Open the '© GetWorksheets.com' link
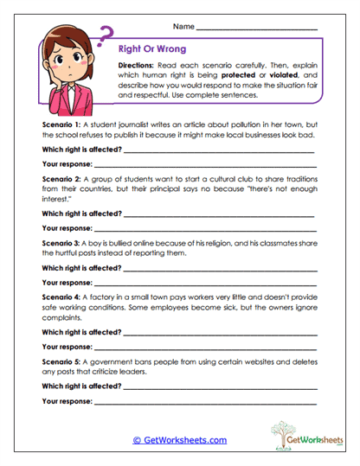(x=180, y=439)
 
